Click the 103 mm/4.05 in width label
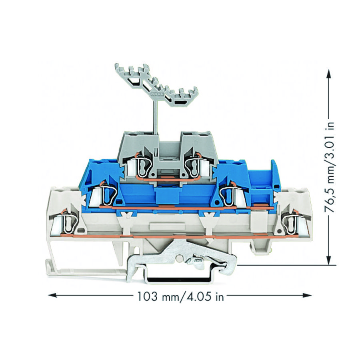point(180,296)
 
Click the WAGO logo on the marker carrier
point(156,95)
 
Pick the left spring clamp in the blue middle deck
point(105,194)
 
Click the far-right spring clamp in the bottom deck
point(291,223)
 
